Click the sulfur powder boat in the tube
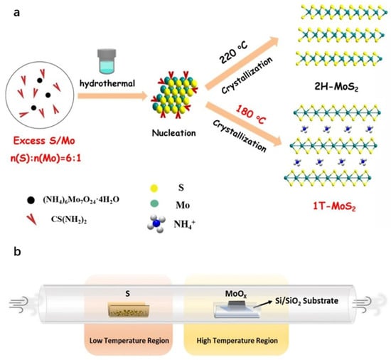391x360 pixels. pyautogui.click(x=128, y=309)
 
